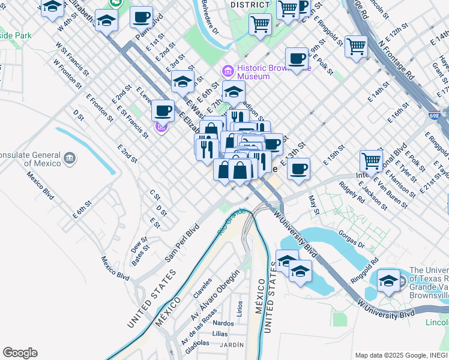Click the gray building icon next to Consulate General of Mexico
70,158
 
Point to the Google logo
20,353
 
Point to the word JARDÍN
232,344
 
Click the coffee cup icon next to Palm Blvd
142,18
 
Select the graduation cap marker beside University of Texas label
389,281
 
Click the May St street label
313,204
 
